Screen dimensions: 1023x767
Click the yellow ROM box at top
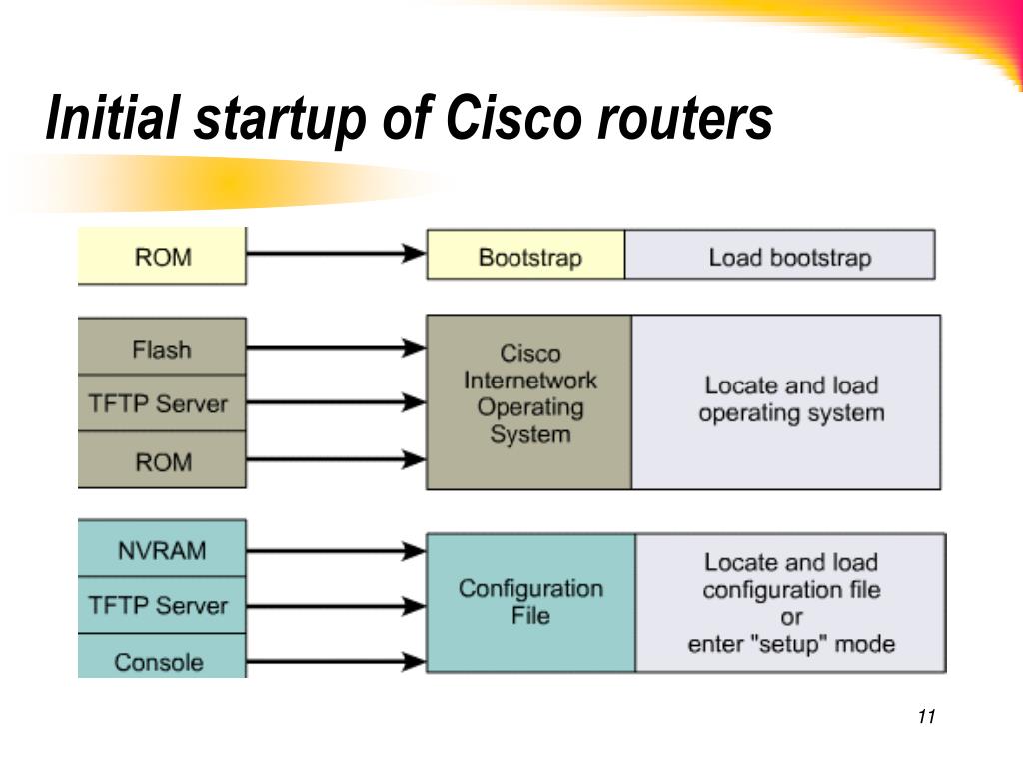162,256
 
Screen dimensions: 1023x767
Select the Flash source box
162,347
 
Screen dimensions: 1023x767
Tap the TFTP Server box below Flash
162,403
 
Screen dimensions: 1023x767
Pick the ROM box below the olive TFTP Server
162,459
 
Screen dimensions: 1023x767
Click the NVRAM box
162,548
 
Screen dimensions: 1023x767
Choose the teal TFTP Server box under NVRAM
162,605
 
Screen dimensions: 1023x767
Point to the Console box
162,656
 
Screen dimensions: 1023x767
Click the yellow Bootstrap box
525,255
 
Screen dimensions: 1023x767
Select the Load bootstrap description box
780,255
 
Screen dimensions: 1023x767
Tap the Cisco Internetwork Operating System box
529,402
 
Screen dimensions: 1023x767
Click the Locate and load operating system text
791,399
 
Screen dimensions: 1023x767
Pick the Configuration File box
531,603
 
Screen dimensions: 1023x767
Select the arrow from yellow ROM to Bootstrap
336,253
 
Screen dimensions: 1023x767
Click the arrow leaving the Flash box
336,348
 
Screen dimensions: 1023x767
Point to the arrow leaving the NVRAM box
336,551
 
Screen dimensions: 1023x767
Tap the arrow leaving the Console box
336,662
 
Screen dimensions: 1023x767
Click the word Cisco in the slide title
512,118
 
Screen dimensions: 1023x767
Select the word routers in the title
685,120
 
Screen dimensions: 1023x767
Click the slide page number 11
926,716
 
